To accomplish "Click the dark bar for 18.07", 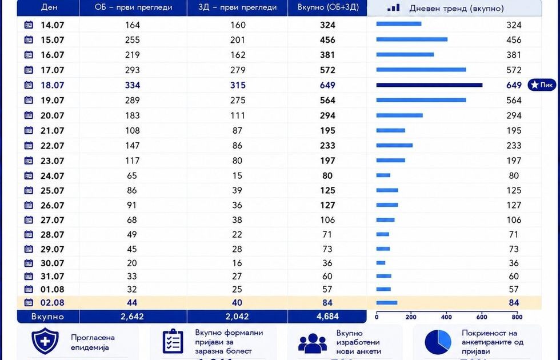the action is tap(429, 85).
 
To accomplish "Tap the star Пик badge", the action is tap(542, 85).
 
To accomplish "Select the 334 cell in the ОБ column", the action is tap(133, 85).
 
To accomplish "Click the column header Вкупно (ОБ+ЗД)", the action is tap(328, 7).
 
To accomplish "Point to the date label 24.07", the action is tap(52, 176).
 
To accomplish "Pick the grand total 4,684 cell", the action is tap(327, 317).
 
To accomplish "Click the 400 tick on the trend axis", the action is tap(446, 317).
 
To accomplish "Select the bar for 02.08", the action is tap(387, 302).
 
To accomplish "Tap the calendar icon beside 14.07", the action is tap(29, 25).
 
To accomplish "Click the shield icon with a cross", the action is tap(45, 341).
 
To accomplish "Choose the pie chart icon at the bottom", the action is tap(438, 342).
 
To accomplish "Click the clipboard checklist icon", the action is tap(173, 342).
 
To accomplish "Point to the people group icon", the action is tap(313, 343).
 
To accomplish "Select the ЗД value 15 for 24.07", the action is tap(237, 176).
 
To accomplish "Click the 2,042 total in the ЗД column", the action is tap(238, 317).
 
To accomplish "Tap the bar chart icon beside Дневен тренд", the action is tap(394, 8).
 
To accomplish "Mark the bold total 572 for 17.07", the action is tap(327, 70).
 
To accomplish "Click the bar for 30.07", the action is tap(381, 263).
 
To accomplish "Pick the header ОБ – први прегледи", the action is tap(133, 7).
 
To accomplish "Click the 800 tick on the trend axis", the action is tap(517, 317).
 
